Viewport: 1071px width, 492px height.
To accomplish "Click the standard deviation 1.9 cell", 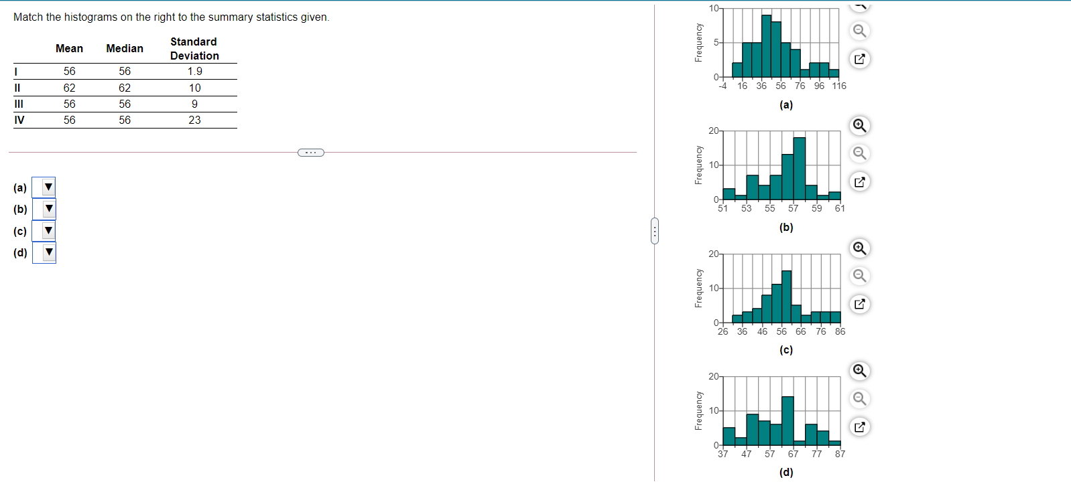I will (x=194, y=72).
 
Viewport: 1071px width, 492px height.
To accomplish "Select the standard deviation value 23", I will (x=194, y=120).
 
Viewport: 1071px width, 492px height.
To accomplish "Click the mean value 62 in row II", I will (x=70, y=88).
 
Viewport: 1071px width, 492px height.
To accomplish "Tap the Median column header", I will (x=125, y=48).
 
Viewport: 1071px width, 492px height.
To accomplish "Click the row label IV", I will (x=19, y=120).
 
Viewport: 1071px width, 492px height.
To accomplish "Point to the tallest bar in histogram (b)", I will (x=799, y=169).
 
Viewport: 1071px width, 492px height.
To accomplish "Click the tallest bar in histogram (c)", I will (x=786, y=297).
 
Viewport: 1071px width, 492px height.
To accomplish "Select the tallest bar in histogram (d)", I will (x=787, y=420).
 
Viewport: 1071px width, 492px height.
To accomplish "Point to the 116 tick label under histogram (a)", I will (x=839, y=86).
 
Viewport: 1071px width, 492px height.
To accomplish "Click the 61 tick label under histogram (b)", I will (x=840, y=208).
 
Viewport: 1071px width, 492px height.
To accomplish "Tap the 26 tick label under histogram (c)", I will (x=722, y=331).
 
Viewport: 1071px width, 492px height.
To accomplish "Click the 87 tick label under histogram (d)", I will (x=840, y=454).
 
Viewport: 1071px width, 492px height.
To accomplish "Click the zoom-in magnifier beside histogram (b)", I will (x=859, y=126).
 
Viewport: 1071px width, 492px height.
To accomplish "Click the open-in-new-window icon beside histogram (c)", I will (x=859, y=304).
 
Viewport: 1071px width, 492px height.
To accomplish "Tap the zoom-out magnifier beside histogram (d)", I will (x=859, y=399).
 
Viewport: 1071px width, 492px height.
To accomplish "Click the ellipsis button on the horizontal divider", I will (x=310, y=153).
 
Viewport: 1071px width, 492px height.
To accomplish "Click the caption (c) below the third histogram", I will (x=786, y=350).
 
